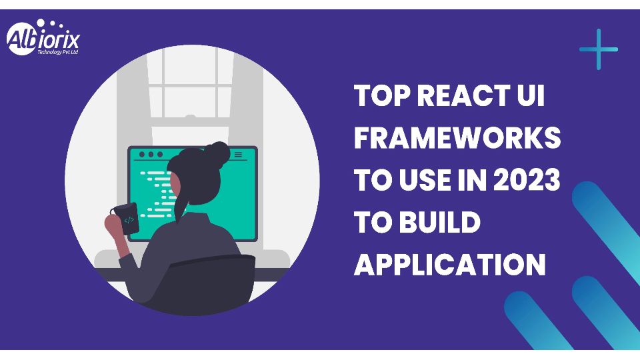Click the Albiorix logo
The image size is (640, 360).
(x=43, y=37)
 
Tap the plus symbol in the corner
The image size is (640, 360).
(x=599, y=49)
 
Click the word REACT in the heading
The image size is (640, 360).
(x=459, y=95)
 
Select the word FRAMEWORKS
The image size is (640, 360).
(x=457, y=137)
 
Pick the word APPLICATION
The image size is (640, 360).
(x=450, y=265)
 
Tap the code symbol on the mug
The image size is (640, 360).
(x=129, y=221)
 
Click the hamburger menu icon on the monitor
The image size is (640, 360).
(x=238, y=155)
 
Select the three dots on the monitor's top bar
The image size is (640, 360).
(x=151, y=155)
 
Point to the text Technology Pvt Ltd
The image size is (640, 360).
(x=57, y=52)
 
